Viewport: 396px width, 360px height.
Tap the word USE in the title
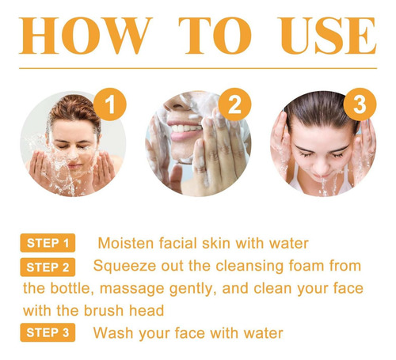328,36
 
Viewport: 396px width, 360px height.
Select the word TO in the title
215,36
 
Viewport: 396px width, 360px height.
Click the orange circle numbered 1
110,104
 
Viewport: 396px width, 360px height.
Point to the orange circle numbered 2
234,104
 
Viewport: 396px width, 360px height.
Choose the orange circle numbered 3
360,104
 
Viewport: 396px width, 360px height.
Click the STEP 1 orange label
48,243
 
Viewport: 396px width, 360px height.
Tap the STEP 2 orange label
48,267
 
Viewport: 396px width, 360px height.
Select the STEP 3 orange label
48,332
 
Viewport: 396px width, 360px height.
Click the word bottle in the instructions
72,289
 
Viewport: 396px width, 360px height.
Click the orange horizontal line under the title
198,68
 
